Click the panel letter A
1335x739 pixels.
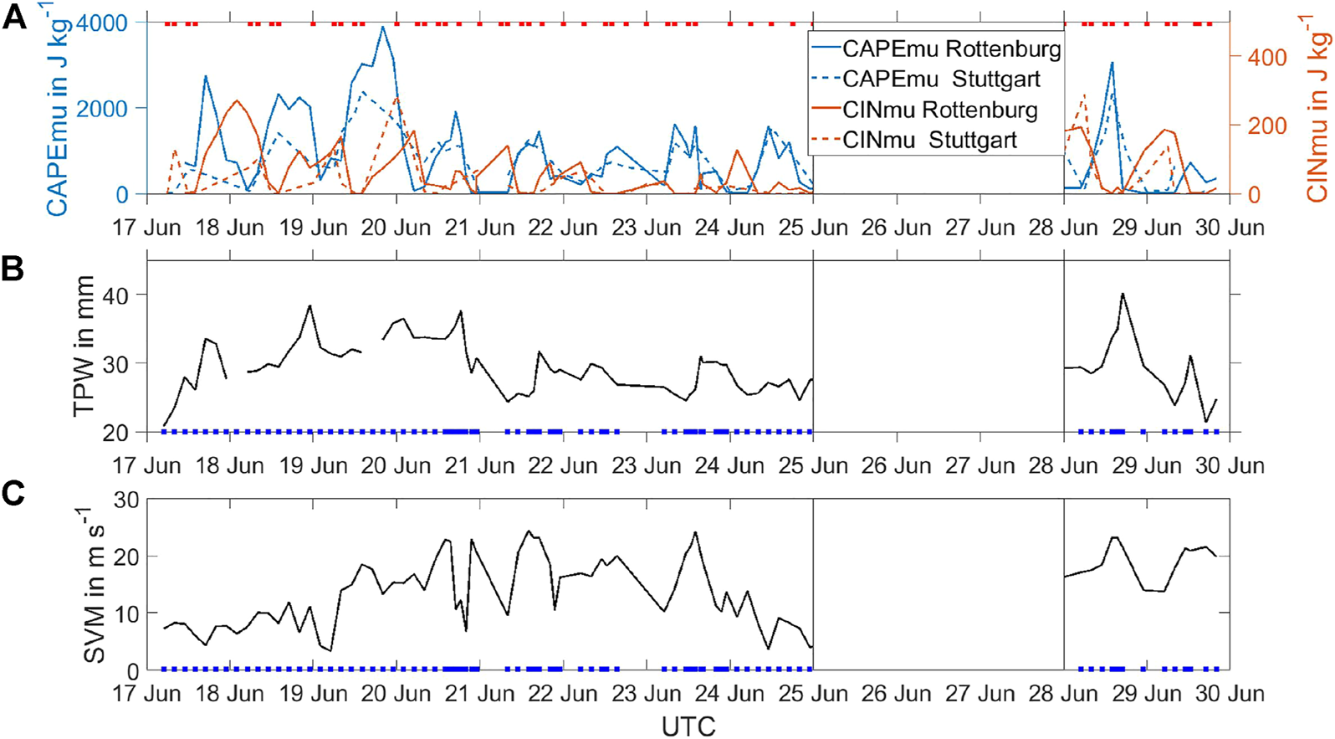pos(14,17)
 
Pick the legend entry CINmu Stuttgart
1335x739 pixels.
pos(929,140)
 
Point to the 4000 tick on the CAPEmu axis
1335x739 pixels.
pos(101,23)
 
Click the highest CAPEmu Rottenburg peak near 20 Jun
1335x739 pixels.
pos(382,27)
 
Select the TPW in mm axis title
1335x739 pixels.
pos(84,346)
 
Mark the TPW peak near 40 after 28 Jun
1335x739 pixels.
pos(1123,294)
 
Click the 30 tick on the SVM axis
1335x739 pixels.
pos(124,500)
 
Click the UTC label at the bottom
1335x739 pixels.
pos(688,726)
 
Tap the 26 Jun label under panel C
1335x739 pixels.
pos(896,693)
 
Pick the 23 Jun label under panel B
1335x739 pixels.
pos(646,465)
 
